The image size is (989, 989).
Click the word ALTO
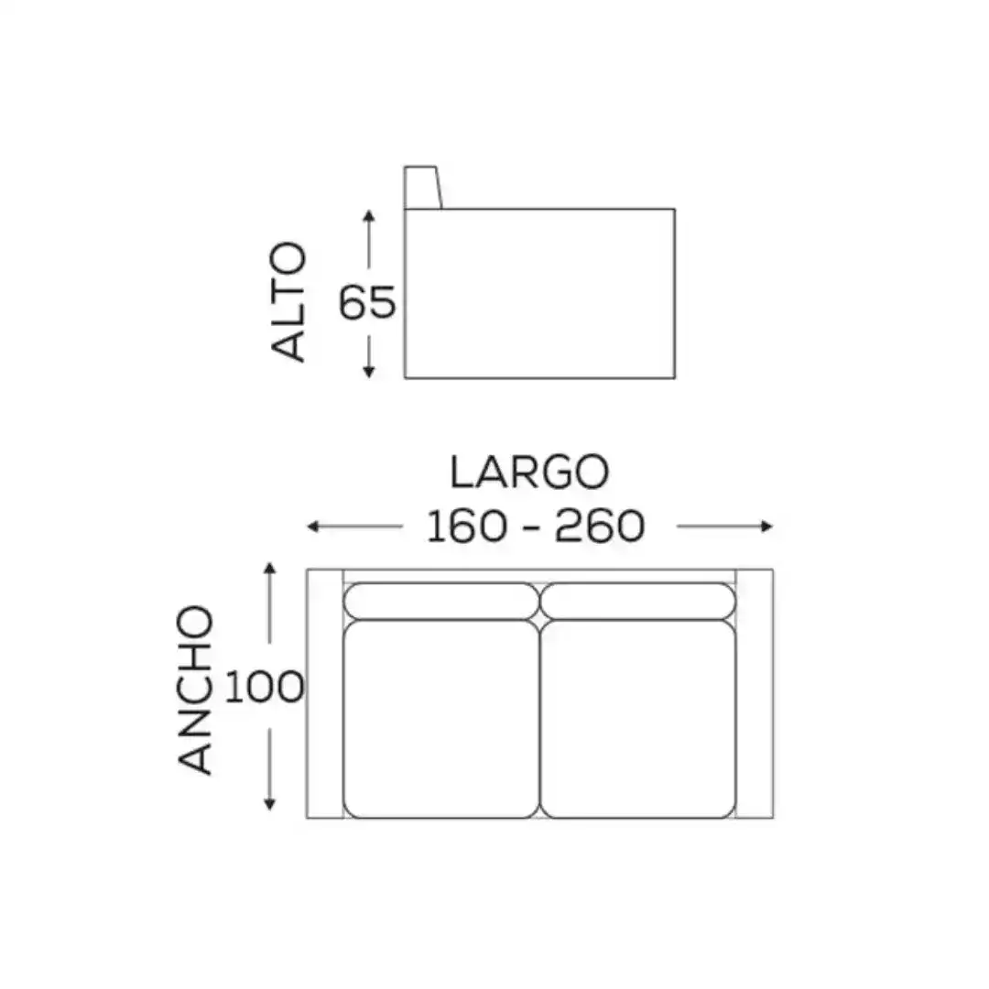[x=288, y=302]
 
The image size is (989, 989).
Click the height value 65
[x=367, y=302]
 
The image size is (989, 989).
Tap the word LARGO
[x=530, y=472]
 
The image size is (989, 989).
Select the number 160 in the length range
[x=467, y=526]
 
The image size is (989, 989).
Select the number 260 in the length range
[x=600, y=526]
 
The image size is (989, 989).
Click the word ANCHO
[x=195, y=690]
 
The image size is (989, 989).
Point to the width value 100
[x=265, y=686]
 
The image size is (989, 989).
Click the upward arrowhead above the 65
[x=369, y=216]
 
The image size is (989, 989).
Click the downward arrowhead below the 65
[x=369, y=372]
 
